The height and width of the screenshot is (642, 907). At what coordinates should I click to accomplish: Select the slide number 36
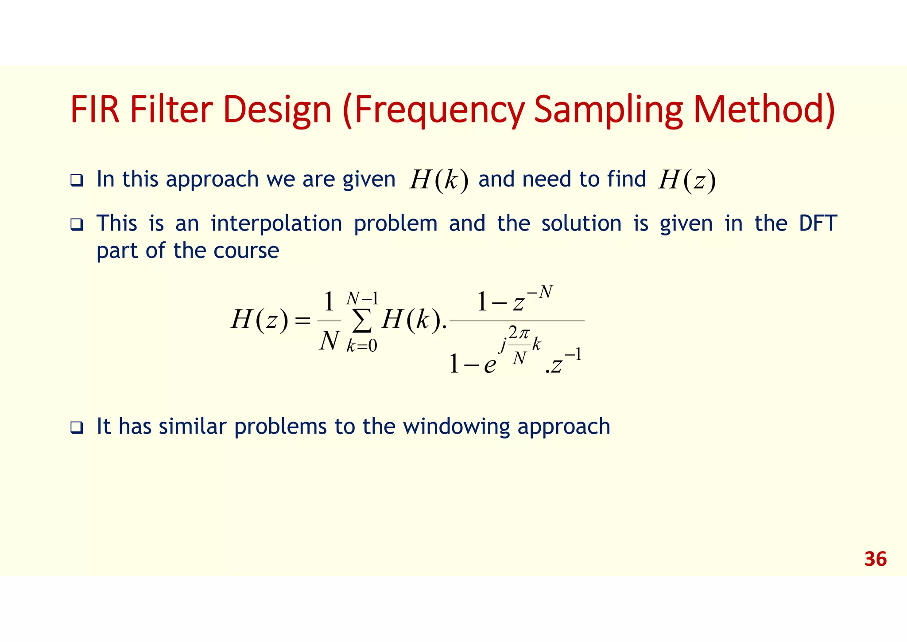[x=875, y=559]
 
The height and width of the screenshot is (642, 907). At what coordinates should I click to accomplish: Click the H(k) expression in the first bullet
[x=438, y=180]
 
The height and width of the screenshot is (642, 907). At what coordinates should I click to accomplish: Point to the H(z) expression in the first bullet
[x=686, y=180]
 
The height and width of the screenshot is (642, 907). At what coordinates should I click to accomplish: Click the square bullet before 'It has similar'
[x=77, y=428]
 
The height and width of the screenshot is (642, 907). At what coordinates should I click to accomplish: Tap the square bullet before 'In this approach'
[x=77, y=181]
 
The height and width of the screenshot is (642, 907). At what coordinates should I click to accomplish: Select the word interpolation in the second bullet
[x=276, y=223]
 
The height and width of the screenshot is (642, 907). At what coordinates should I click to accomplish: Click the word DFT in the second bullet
[x=818, y=223]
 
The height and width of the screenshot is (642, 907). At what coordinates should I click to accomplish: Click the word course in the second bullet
[x=246, y=251]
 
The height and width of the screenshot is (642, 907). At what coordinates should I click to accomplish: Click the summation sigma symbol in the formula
[x=362, y=322]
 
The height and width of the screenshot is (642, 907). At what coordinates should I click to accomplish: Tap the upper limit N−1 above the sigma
[x=362, y=298]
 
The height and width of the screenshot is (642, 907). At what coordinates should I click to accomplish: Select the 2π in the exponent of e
[x=519, y=333]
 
